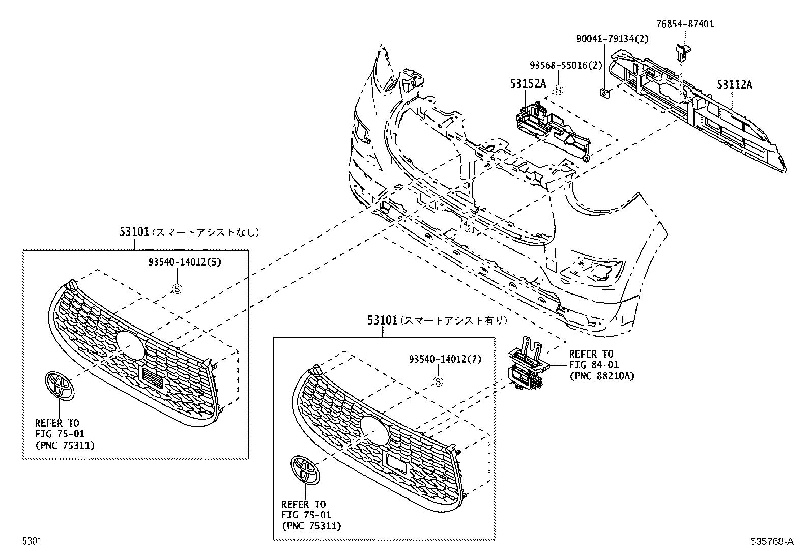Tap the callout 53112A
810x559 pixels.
point(734,85)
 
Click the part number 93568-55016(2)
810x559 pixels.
point(566,65)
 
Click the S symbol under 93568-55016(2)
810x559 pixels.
point(558,90)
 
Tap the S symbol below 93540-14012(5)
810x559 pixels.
point(177,289)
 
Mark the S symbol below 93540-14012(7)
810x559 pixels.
point(437,381)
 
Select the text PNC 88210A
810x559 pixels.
point(602,377)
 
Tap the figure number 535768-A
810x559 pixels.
point(771,542)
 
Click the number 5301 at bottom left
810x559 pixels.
point(32,542)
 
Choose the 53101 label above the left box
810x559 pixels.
point(134,232)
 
